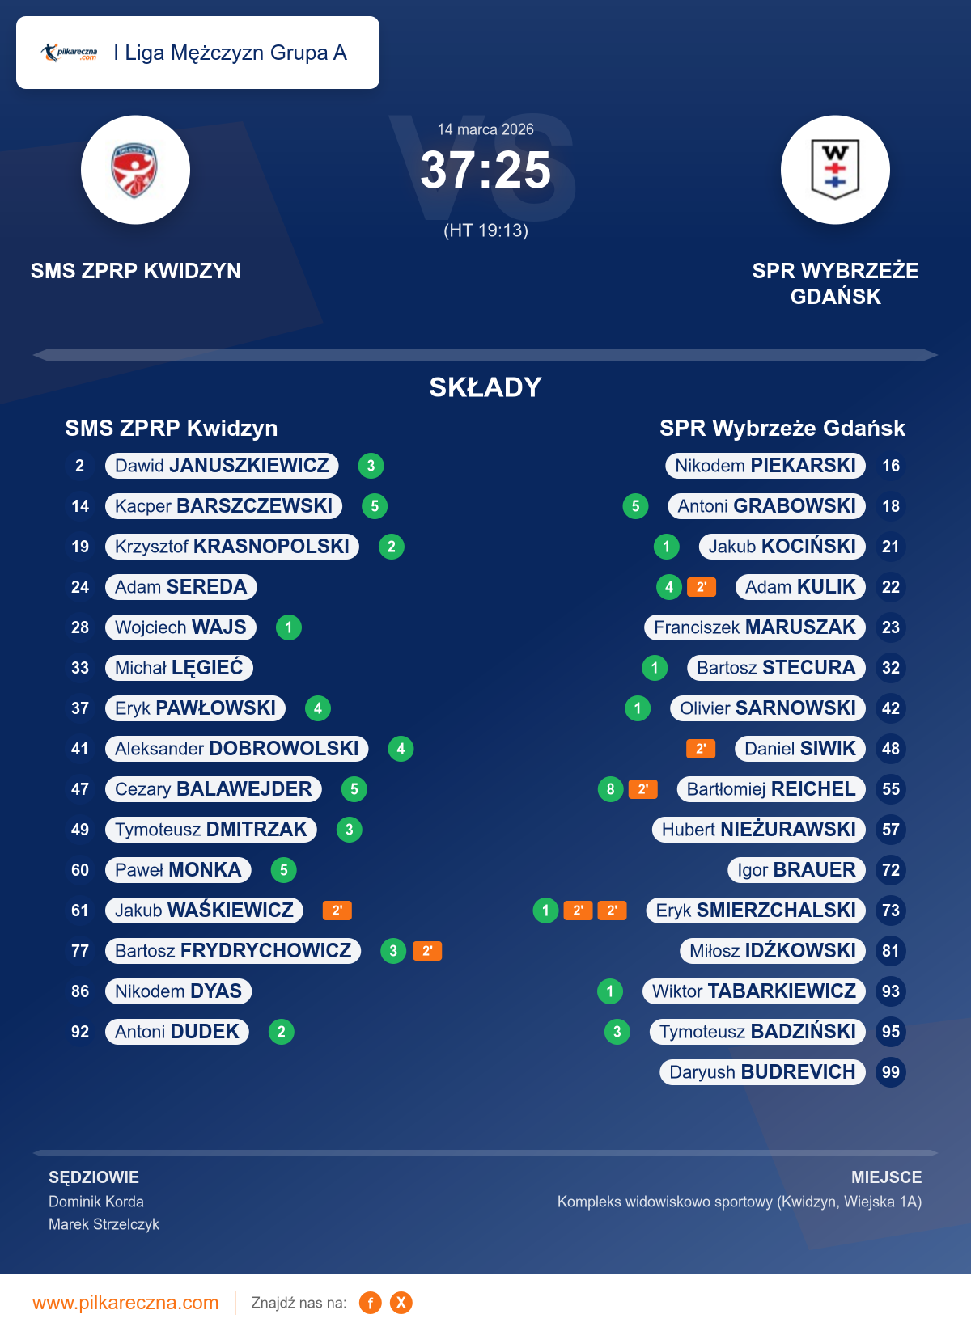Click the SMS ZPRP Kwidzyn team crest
(135, 170)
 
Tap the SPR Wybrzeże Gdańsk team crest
(835, 170)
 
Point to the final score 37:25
(485, 171)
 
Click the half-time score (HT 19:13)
(485, 230)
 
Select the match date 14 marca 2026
(485, 129)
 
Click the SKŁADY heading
(485, 387)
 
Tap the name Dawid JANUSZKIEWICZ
(222, 466)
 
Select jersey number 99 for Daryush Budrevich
(890, 1072)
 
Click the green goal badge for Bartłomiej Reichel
(610, 789)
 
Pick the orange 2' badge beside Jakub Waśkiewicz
(337, 911)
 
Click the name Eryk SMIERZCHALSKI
(756, 911)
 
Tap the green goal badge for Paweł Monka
(283, 870)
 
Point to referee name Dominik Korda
(96, 1202)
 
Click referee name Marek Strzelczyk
(104, 1224)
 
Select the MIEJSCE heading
(886, 1177)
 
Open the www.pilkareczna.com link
(125, 1303)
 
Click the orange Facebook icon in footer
(371, 1303)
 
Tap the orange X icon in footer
(401, 1303)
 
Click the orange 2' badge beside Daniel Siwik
(701, 749)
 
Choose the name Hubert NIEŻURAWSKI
(759, 830)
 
